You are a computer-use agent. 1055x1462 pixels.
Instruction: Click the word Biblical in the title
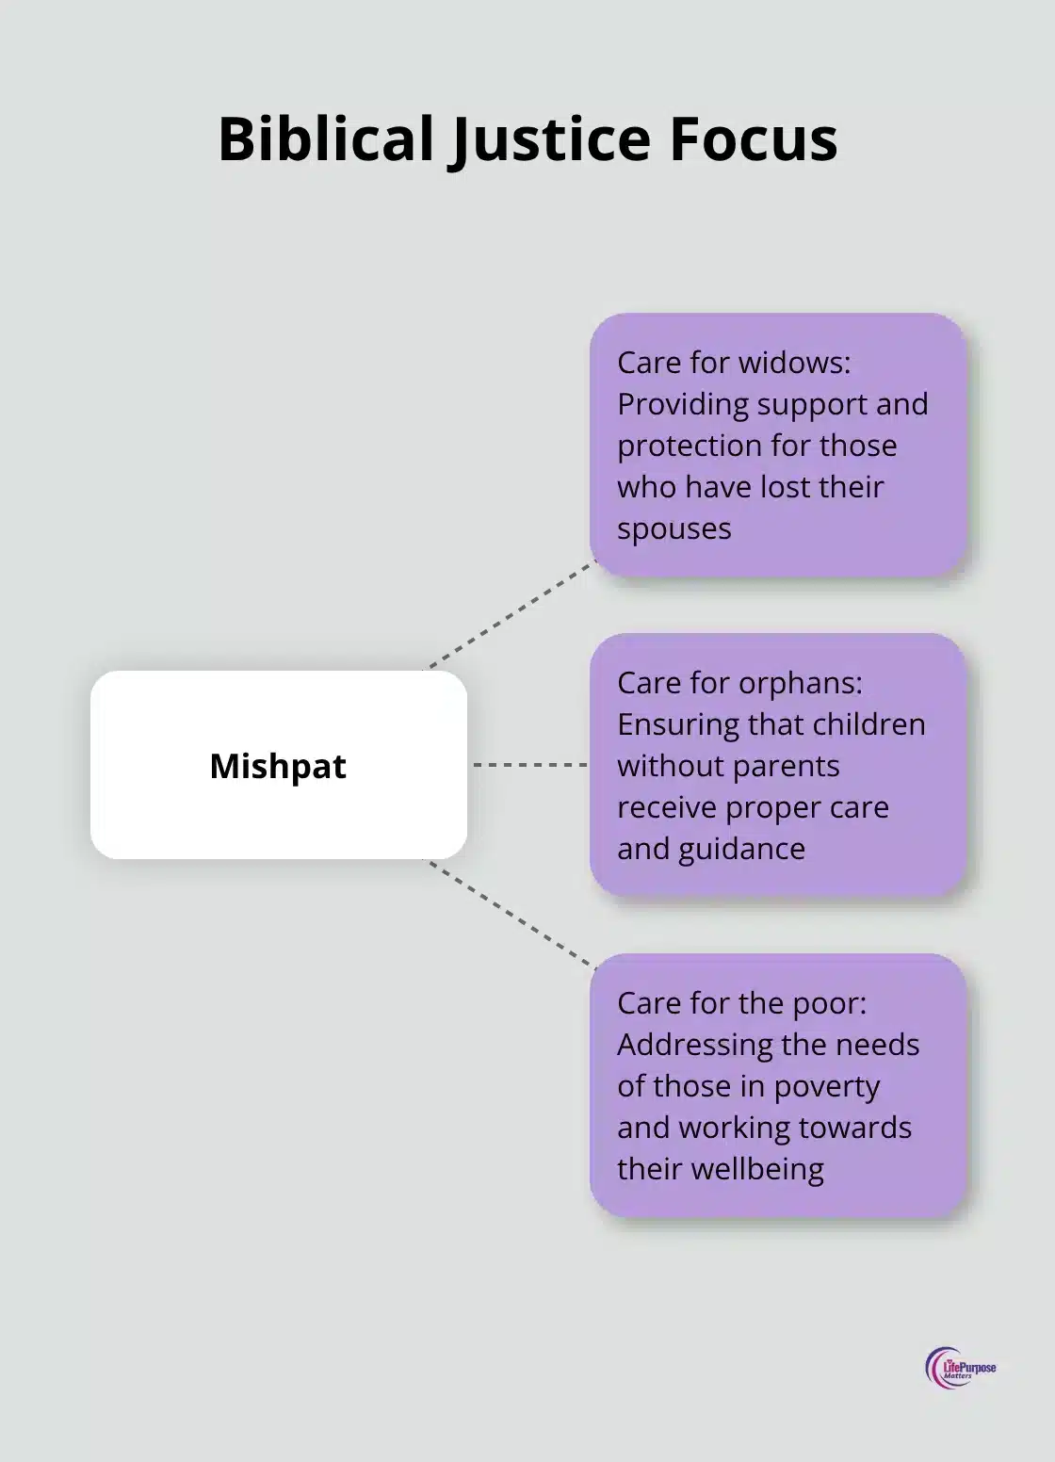click(325, 138)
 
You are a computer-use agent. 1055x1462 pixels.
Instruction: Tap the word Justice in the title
click(548, 138)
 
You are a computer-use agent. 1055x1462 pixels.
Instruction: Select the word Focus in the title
click(753, 138)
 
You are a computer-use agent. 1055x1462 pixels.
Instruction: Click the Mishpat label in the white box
click(278, 766)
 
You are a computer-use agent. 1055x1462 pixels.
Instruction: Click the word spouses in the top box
click(674, 528)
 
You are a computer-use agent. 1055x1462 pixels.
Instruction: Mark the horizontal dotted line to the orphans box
click(529, 765)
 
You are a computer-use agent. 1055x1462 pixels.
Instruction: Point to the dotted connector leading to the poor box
click(513, 915)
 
